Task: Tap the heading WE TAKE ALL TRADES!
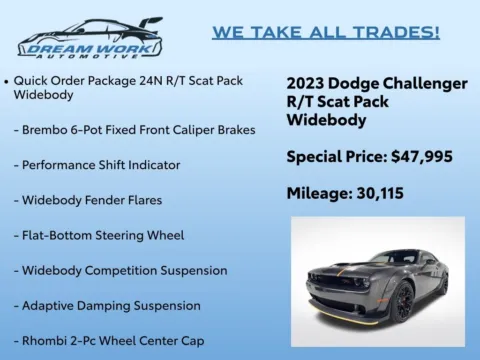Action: point(325,33)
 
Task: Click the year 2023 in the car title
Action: point(307,83)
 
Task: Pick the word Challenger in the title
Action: point(420,83)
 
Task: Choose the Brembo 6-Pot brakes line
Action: point(135,130)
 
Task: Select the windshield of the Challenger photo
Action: point(373,258)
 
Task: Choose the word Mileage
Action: point(318,193)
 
